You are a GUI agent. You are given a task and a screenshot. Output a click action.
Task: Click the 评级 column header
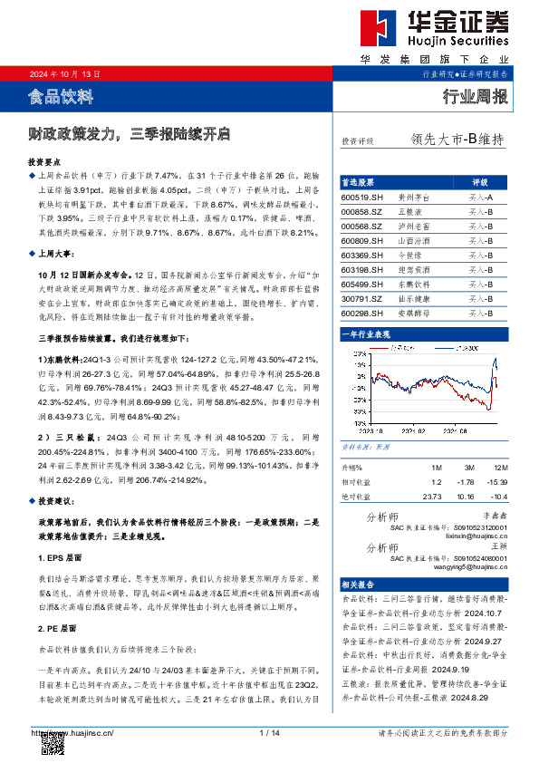click(480, 181)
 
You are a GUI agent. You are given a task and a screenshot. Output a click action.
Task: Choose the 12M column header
click(494, 466)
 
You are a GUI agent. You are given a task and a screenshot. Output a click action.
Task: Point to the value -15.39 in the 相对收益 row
click(495, 481)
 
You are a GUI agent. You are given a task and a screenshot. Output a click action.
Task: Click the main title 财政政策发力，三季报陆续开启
click(129, 134)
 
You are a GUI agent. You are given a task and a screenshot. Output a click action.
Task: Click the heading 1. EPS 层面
click(61, 557)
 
